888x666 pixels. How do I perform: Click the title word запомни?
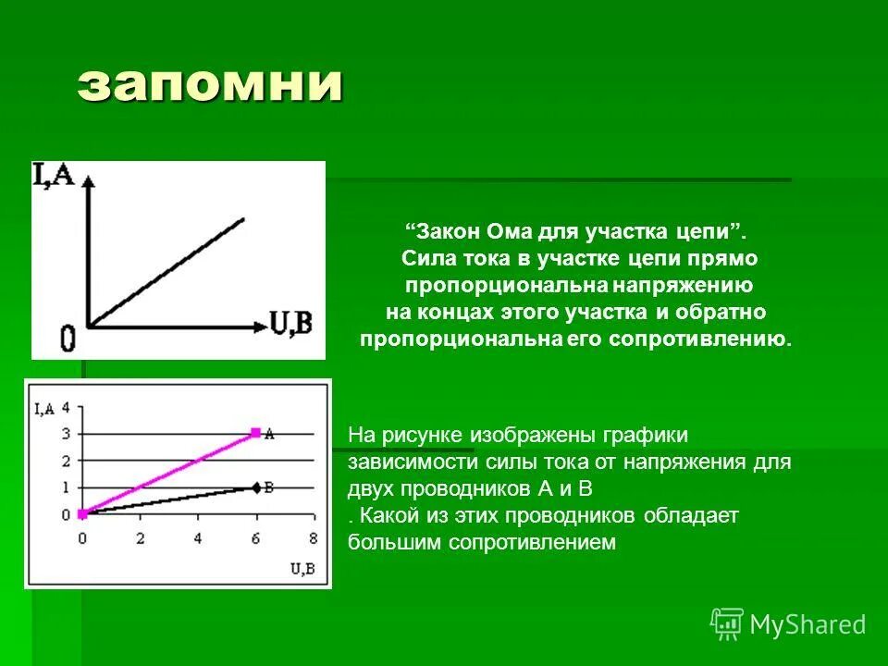point(211,84)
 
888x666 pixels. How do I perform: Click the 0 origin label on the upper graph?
point(68,340)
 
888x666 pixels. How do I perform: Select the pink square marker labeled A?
point(255,432)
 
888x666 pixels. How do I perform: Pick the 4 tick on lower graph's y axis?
point(66,407)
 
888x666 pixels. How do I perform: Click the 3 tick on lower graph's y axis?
point(66,434)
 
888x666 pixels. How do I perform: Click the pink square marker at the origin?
point(82,513)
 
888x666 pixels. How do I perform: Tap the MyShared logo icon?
point(727,623)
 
